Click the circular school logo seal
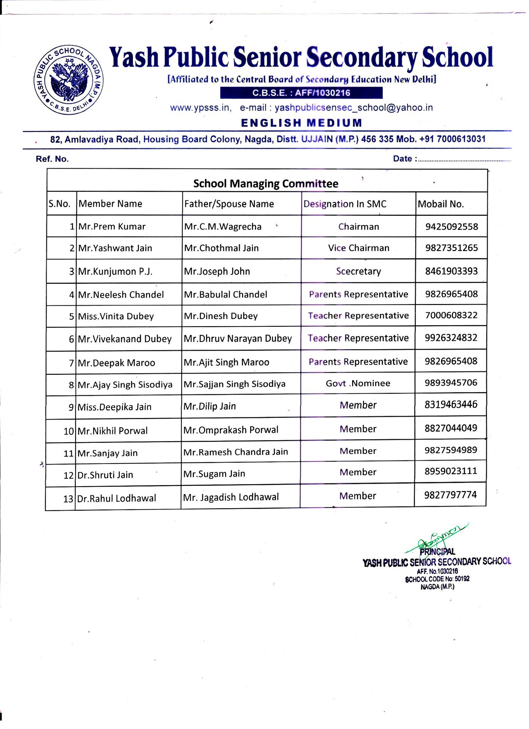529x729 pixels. [x=68, y=80]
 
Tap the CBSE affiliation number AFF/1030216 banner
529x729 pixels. [x=301, y=93]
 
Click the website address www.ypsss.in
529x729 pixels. [x=200, y=108]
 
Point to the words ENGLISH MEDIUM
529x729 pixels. [x=301, y=123]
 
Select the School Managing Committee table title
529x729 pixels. [x=265, y=183]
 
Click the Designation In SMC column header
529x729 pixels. [x=345, y=204]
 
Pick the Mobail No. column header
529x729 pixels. [x=440, y=204]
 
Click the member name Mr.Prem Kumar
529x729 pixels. [x=112, y=226]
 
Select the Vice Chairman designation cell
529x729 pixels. [x=358, y=248]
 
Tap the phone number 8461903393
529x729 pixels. [x=451, y=271]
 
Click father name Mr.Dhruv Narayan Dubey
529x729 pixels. [x=238, y=338]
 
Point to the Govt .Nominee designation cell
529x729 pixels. [x=358, y=383]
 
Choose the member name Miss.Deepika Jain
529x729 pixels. [x=114, y=407]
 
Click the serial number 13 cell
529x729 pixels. [x=68, y=499]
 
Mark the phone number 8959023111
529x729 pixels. [x=451, y=471]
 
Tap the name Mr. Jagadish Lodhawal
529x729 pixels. [x=231, y=497]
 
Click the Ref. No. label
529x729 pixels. [x=52, y=159]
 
